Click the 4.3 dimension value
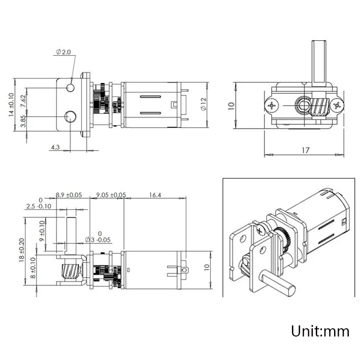click(55, 147)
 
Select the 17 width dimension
click(305, 150)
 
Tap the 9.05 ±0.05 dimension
click(111, 195)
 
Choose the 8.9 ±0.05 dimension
click(69, 195)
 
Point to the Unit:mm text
click(320, 331)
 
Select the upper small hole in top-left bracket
click(71, 88)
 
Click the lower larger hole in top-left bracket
click(71, 116)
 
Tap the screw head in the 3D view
click(261, 229)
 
